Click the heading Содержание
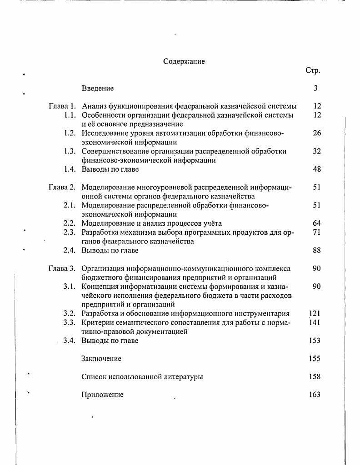[184, 61]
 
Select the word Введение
[98, 88]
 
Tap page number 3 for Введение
[315, 88]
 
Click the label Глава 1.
[62, 106]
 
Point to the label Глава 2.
[62, 187]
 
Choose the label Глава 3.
[62, 268]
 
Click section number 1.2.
[70, 133]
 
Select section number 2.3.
[70, 232]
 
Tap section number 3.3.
[70, 322]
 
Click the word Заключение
[101, 359]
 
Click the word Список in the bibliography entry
[93, 377]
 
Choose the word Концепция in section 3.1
[100, 287]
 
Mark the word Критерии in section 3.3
[98, 322]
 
